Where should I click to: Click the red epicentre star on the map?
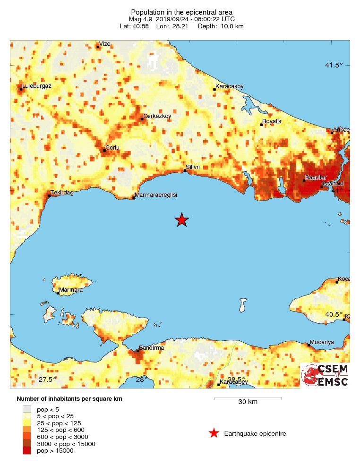pyautogui.click(x=182, y=219)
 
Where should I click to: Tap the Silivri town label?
pyautogui.click(x=194, y=167)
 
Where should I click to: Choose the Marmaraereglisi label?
pyautogui.click(x=156, y=195)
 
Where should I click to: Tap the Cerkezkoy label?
pyautogui.click(x=157, y=116)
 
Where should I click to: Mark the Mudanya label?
pyautogui.click(x=322, y=342)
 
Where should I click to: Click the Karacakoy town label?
pyautogui.click(x=230, y=86)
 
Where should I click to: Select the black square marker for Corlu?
pyautogui.click(x=104, y=151)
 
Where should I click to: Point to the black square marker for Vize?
pyautogui.click(x=98, y=47)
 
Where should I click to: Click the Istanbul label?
pyautogui.click(x=333, y=183)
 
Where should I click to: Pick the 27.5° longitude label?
pyautogui.click(x=47, y=380)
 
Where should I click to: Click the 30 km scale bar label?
pyautogui.click(x=248, y=402)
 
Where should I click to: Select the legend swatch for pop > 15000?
pyautogui.click(x=27, y=451)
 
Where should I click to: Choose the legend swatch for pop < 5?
pyautogui.click(x=27, y=409)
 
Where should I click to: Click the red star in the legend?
pyautogui.click(x=214, y=433)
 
